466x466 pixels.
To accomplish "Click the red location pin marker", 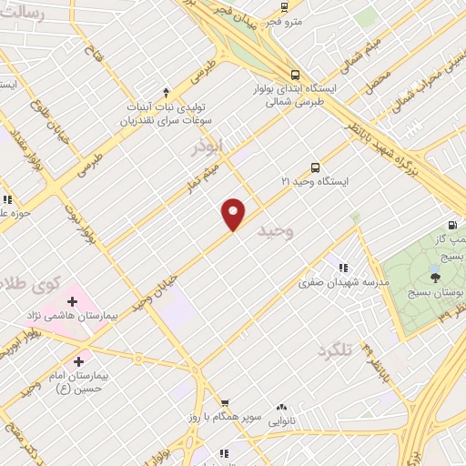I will (x=234, y=214).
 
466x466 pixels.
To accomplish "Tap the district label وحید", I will (x=277, y=231).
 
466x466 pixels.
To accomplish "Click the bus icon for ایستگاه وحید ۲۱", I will (x=315, y=167).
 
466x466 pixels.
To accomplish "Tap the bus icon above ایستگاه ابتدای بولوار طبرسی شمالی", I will (x=293, y=76).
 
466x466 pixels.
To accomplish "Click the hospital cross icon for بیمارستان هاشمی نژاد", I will (x=72, y=301).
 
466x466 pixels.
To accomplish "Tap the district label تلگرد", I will (x=335, y=350).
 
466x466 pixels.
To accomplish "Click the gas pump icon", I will (x=452, y=226).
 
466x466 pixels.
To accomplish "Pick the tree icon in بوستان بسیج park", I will (x=435, y=278).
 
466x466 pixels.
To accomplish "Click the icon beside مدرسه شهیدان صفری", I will (x=343, y=268).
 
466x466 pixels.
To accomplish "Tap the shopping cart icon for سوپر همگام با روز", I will (x=223, y=403).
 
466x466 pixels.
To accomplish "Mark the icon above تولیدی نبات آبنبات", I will (x=166, y=91).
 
